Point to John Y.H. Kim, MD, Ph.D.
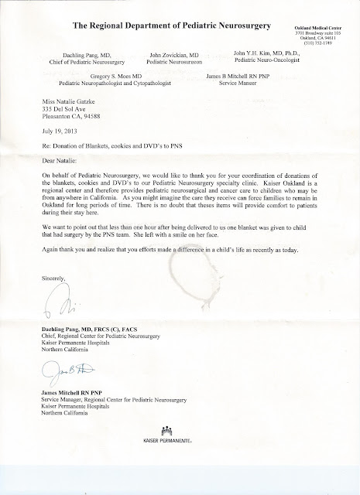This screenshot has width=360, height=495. tap(273, 54)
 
